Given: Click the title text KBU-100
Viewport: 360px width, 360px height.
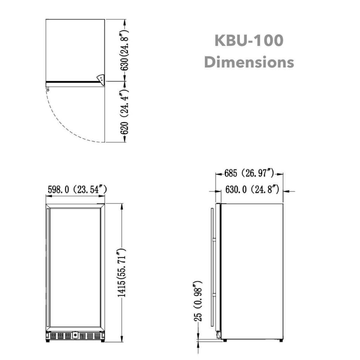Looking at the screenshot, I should (249, 40).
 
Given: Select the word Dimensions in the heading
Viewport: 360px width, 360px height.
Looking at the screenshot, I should (249, 62).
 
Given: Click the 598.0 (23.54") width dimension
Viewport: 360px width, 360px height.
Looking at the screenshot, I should (76, 190).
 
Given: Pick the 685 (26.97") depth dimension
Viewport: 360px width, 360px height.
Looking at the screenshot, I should (249, 173).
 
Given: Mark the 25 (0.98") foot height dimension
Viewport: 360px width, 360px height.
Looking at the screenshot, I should (199, 301).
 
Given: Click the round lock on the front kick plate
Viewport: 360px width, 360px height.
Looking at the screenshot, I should (75, 335).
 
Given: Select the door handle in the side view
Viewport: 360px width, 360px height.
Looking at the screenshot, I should (212, 267).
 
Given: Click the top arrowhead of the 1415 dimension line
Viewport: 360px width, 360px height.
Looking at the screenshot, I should (122, 206).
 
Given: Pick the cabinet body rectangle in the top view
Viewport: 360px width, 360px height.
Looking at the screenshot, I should (75, 49).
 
